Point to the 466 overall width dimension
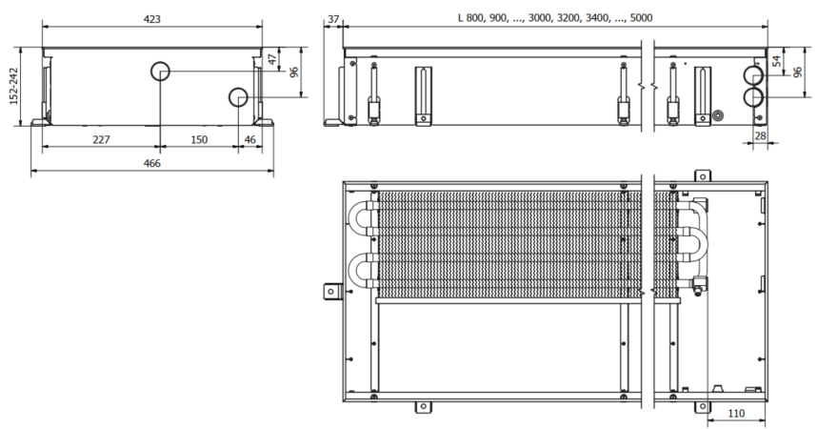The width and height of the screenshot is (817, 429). (x=151, y=163)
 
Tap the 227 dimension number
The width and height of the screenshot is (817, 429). (x=100, y=139)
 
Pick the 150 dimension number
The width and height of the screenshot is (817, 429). (x=198, y=139)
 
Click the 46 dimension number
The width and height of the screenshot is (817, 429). (x=250, y=139)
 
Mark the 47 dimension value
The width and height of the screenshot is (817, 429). (x=272, y=59)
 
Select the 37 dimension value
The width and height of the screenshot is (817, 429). (x=332, y=17)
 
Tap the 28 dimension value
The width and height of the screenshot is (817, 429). (x=759, y=137)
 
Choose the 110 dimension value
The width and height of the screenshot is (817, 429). (x=735, y=416)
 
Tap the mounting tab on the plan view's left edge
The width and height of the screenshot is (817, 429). (x=331, y=290)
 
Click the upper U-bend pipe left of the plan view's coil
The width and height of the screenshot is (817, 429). (x=362, y=218)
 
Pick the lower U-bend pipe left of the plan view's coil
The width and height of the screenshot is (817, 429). (x=362, y=270)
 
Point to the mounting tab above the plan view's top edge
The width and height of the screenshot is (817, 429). (x=703, y=175)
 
